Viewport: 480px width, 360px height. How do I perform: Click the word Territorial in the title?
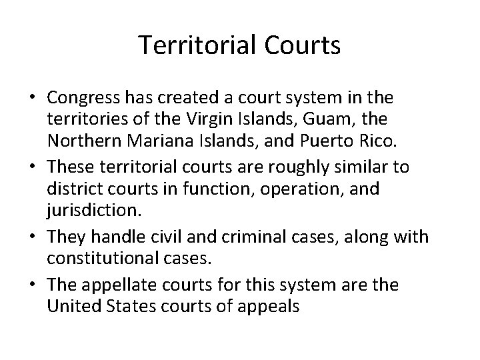[198, 45]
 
